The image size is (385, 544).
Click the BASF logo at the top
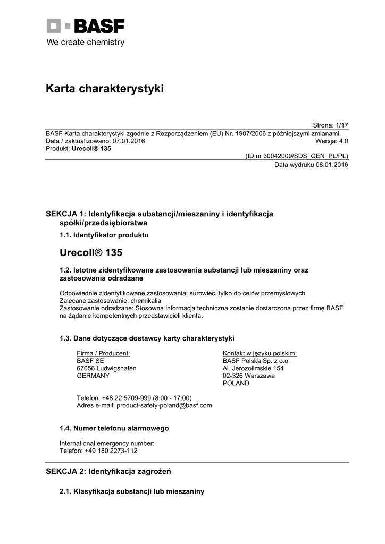coord(85,26)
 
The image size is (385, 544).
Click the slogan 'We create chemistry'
coord(85,42)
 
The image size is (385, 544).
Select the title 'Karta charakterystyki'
coord(105,89)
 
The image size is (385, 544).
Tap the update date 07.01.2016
coord(128,141)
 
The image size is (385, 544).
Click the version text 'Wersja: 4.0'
coord(331,141)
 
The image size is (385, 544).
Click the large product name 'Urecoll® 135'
coord(91,252)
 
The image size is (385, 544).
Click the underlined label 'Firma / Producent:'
coord(103,353)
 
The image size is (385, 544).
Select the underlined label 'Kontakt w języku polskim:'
coord(260,353)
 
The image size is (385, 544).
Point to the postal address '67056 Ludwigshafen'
coord(106,368)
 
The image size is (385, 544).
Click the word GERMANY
coord(93,376)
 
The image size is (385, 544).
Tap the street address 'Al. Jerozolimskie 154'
coord(253,368)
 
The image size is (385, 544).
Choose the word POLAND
coord(236,383)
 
